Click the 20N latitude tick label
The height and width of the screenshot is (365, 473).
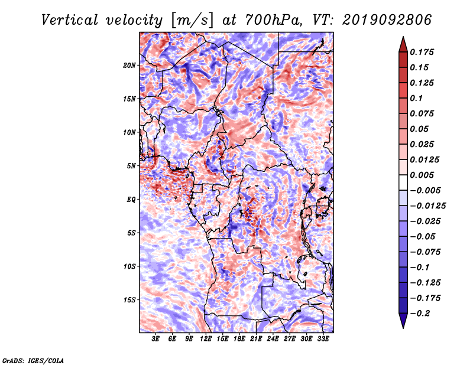pyautogui.click(x=129, y=66)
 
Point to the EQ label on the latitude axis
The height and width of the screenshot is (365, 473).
pyautogui.click(x=131, y=200)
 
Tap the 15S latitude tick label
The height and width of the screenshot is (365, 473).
pyautogui.click(x=129, y=300)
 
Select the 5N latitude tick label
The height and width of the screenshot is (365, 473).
pyautogui.click(x=131, y=166)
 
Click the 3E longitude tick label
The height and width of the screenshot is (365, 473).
pyautogui.click(x=155, y=339)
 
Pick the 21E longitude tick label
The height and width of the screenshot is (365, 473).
pyautogui.click(x=256, y=339)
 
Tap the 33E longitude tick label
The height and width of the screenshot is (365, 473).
pyautogui.click(x=323, y=339)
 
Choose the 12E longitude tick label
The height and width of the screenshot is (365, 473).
pyautogui.click(x=205, y=339)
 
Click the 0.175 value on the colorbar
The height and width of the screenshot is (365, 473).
pyautogui.click(x=422, y=52)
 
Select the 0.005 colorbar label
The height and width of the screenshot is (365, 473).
pyautogui.click(x=422, y=175)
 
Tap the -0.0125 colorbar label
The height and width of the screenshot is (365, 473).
pyautogui.click(x=427, y=206)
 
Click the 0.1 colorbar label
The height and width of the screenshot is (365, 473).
pyautogui.click(x=416, y=98)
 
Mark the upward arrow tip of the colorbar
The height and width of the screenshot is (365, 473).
pyautogui.click(x=403, y=37)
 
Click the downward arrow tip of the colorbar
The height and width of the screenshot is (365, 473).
pyautogui.click(x=403, y=328)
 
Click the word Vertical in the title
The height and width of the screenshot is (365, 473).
pyautogui.click(x=69, y=20)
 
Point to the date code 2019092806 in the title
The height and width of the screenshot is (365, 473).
pyautogui.click(x=387, y=20)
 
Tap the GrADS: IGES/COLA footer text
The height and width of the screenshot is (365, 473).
pyautogui.click(x=33, y=360)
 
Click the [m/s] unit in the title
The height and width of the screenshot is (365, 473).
pyautogui.click(x=192, y=20)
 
